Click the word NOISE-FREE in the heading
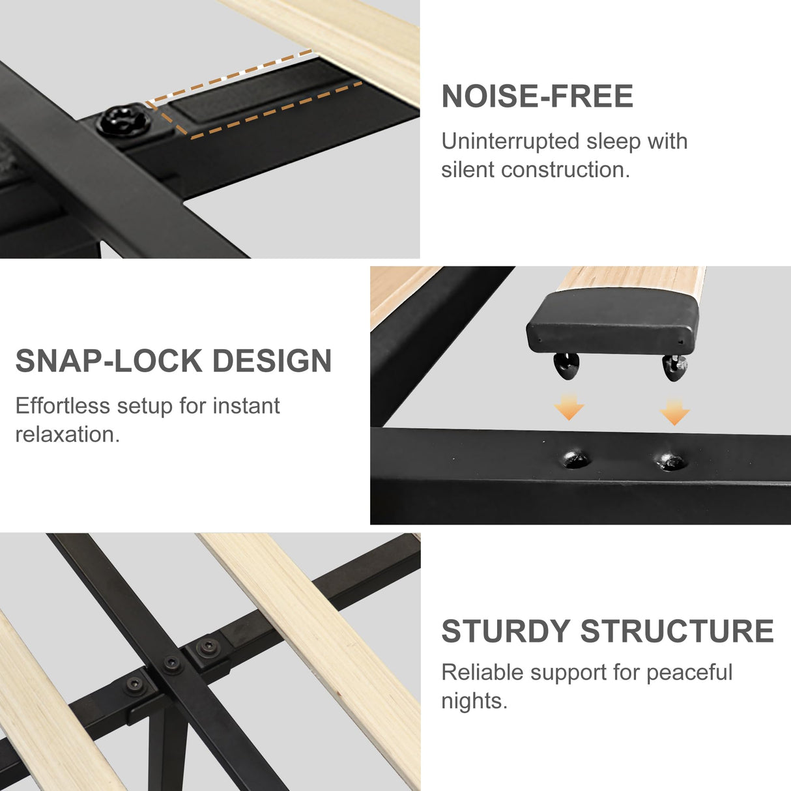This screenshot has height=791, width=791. point(537,96)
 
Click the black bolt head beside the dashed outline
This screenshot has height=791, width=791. point(123,120)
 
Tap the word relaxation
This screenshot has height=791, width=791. point(67,435)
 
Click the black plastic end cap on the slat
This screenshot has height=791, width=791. point(612,322)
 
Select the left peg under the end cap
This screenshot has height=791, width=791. point(566,366)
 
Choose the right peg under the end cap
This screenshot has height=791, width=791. point(674,367)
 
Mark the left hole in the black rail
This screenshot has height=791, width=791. point(576,459)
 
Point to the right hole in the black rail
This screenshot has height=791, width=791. point(670,462)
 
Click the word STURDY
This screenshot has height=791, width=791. point(506,631)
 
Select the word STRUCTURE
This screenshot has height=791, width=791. point(677,631)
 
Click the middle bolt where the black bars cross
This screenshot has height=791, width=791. point(172,663)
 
